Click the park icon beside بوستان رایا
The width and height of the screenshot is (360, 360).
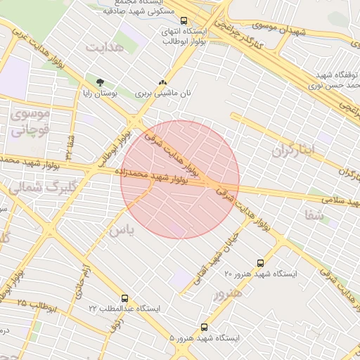89,82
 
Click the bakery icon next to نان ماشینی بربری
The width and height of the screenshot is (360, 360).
163,82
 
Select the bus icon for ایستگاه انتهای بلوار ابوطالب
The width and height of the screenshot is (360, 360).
184,21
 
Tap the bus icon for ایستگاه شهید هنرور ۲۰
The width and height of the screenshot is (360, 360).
261,263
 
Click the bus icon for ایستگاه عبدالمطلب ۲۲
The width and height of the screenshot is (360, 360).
124,299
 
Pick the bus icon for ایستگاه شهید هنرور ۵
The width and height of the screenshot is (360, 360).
205,328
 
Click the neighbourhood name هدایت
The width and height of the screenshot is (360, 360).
105,47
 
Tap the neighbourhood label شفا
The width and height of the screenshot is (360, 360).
316,215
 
